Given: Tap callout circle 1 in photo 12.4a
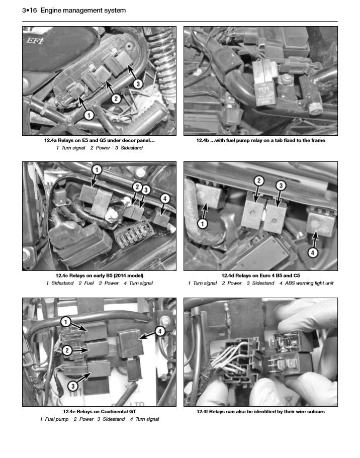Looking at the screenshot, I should click(88, 115).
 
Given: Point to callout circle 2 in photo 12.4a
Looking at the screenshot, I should click(116, 99).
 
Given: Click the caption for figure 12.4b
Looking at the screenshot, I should click(260, 140).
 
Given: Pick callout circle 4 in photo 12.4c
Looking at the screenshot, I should click(164, 199).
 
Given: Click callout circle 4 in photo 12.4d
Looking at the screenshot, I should click(313, 253).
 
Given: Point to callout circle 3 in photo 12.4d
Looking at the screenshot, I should click(282, 186).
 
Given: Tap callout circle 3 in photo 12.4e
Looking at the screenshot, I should click(73, 386).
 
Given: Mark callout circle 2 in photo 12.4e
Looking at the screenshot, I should click(67, 350).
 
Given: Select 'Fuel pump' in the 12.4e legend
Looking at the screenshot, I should click(56, 419).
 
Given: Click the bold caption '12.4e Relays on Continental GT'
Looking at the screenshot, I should click(100, 411).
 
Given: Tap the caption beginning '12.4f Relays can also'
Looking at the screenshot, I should click(260, 411).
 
